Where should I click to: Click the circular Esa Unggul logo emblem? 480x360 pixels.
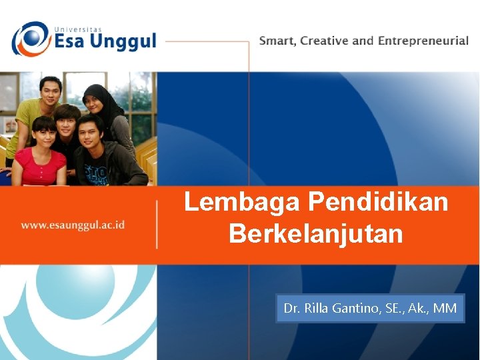(x=31, y=39)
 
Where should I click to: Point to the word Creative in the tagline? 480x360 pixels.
(x=325, y=41)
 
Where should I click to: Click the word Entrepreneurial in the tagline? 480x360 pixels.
(x=423, y=41)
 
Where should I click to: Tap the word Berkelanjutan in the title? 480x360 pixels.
(x=315, y=234)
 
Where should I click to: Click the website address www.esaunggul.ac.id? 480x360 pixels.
(x=73, y=225)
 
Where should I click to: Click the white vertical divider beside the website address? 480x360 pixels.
(x=157, y=225)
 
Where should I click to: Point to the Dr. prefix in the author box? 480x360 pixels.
(x=292, y=308)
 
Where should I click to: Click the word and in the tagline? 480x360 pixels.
(x=363, y=41)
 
